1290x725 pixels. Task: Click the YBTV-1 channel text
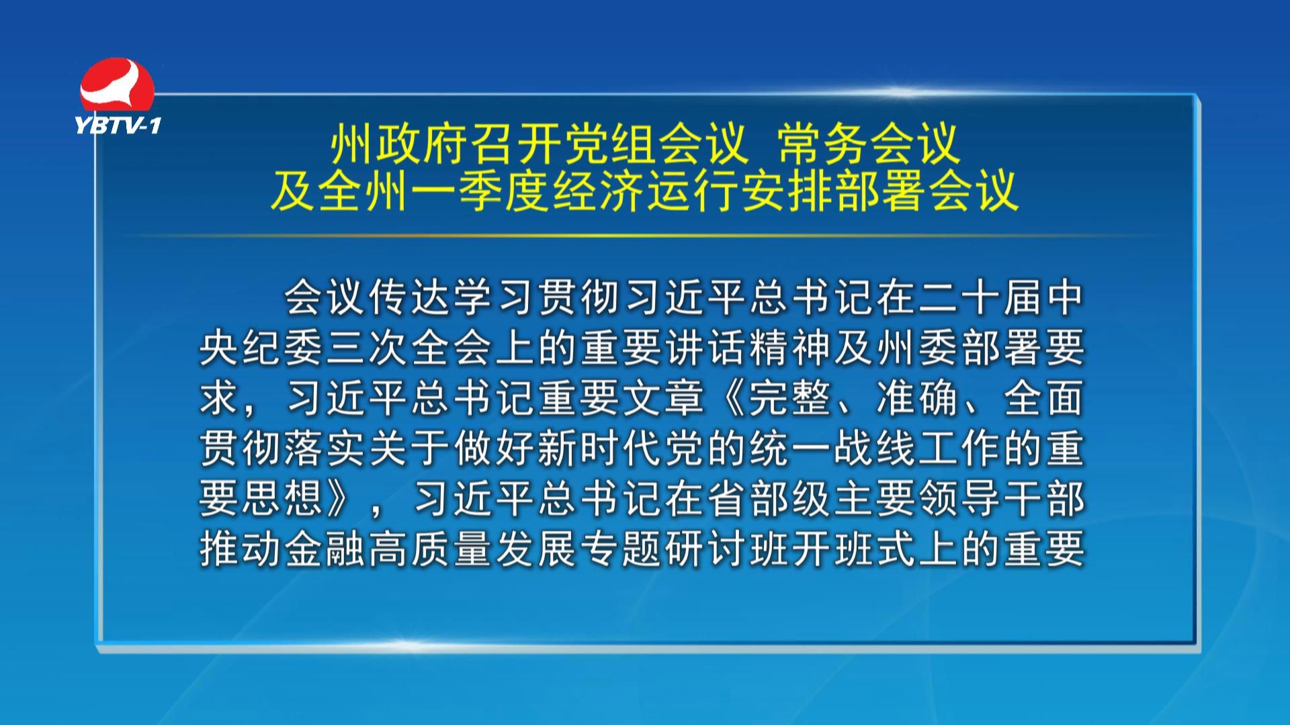[118, 125]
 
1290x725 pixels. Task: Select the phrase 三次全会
[410, 348]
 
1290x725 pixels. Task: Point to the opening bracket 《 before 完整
[726, 399]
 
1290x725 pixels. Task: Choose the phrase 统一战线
[832, 450]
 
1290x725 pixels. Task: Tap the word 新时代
[599, 450]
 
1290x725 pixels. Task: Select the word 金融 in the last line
[325, 550]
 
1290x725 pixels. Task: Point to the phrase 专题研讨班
[685, 550]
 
